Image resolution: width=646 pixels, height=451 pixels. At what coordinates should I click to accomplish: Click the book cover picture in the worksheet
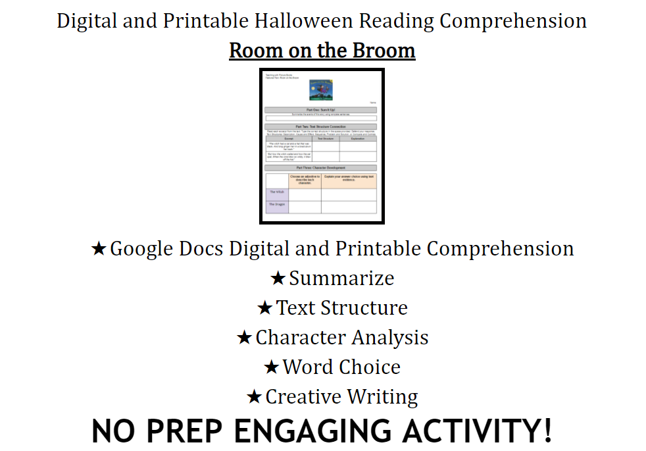point(322,90)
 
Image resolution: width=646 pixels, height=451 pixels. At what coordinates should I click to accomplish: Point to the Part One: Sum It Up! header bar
point(321,110)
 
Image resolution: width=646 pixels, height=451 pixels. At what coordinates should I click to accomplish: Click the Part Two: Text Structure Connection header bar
point(321,126)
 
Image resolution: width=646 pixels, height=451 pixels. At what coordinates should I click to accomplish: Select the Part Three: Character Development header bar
point(321,168)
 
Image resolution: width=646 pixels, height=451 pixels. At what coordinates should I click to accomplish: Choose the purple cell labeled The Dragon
point(277,206)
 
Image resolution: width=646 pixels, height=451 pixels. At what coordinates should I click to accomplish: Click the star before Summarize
point(278,279)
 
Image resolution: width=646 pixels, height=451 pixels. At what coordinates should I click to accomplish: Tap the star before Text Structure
point(264,308)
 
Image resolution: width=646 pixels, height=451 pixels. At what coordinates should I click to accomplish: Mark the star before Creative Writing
point(254,397)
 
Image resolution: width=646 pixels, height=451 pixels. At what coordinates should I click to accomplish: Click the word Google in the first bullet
point(143,249)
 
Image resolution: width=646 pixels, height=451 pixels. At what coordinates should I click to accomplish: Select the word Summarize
point(341,279)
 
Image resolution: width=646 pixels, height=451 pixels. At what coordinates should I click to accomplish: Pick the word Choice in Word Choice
point(370,367)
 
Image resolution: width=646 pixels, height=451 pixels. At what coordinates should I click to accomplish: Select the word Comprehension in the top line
point(513,21)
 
